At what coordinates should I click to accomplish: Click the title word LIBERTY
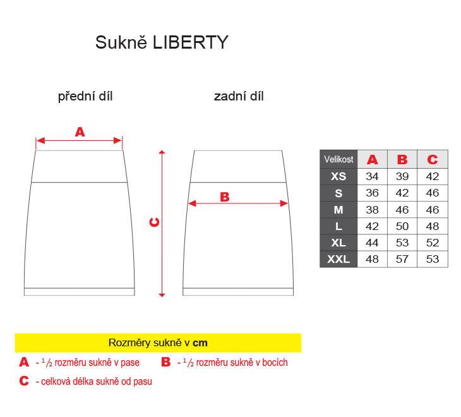tap(191, 42)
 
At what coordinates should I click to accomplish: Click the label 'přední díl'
tap(85, 97)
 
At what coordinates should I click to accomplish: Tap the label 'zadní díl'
tap(239, 97)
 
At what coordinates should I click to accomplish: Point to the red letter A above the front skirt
tap(80, 132)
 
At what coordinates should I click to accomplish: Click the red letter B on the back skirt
tap(225, 197)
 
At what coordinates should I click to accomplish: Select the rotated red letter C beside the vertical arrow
tap(154, 222)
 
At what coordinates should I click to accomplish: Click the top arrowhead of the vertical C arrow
tap(162, 152)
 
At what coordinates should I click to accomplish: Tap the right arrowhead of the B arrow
tap(284, 203)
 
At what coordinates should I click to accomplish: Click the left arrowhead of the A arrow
tap(40, 140)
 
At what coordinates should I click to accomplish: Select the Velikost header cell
tap(338, 159)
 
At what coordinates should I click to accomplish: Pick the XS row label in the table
tap(338, 176)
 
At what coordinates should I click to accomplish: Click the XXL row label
tap(338, 259)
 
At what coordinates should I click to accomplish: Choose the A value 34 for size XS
tap(372, 176)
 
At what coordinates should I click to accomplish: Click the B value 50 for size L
tap(402, 226)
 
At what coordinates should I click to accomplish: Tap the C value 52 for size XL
tap(433, 243)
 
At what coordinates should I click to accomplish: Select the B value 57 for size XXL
tap(402, 259)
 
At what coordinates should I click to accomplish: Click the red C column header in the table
tap(433, 159)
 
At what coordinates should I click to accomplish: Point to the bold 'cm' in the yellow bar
tap(200, 343)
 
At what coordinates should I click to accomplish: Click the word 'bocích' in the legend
tap(275, 362)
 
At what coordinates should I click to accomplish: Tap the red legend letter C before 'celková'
tap(24, 381)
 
